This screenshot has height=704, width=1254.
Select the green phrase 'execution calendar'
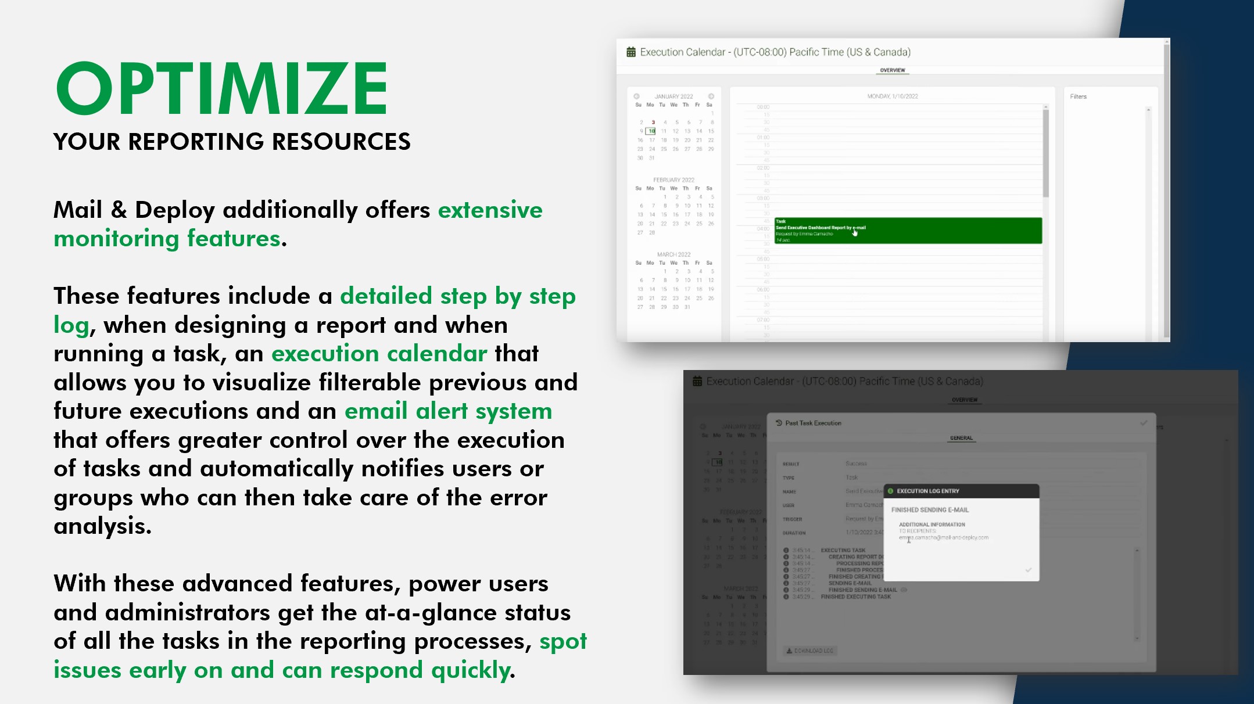(x=379, y=353)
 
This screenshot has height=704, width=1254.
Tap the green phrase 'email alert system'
(x=448, y=411)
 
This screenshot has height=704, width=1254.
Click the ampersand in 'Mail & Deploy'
(x=119, y=210)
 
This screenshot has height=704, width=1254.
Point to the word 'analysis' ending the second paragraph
(x=102, y=526)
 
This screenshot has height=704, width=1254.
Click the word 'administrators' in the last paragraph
(x=187, y=612)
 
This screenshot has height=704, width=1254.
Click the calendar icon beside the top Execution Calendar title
(x=630, y=52)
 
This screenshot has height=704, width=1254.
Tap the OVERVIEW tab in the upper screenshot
(x=892, y=70)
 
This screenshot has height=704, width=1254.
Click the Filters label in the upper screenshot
(x=1078, y=96)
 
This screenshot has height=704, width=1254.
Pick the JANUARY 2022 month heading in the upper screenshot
(x=673, y=96)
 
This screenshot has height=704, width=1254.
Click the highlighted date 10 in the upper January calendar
(x=652, y=131)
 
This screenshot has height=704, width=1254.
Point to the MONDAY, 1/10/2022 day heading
(x=892, y=96)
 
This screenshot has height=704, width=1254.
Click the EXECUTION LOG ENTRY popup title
(x=927, y=491)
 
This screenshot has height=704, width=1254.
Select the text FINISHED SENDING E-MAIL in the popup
(x=930, y=510)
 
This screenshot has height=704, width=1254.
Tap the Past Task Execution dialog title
(x=812, y=423)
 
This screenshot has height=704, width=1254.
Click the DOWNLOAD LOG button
(x=810, y=651)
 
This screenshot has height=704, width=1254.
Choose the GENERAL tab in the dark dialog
(x=961, y=438)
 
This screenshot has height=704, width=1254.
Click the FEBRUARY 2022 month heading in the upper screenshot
(x=673, y=180)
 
